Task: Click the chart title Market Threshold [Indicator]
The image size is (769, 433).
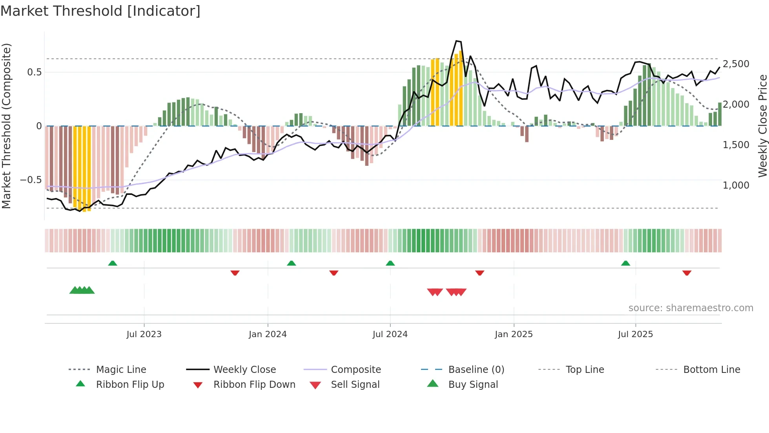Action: pyautogui.click(x=100, y=11)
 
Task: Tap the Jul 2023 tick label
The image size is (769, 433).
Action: pyautogui.click(x=144, y=334)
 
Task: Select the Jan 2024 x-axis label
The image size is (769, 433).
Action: pyautogui.click(x=268, y=334)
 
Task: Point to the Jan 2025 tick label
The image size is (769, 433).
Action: pyautogui.click(x=514, y=334)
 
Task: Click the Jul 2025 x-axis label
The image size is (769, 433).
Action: pyautogui.click(x=635, y=334)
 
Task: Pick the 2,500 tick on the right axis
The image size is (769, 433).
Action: pyautogui.click(x=736, y=64)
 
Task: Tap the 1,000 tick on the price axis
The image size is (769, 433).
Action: pyautogui.click(x=736, y=185)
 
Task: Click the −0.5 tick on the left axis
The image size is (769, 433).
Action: pyautogui.click(x=31, y=180)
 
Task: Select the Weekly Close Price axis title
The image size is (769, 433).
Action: pyautogui.click(x=762, y=126)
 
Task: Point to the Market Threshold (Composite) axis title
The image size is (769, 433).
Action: pyautogui.click(x=6, y=126)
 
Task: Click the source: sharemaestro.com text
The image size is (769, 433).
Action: pyautogui.click(x=691, y=308)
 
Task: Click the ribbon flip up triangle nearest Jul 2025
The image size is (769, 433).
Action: pyautogui.click(x=625, y=263)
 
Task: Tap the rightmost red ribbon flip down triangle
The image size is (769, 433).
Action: pyautogui.click(x=687, y=273)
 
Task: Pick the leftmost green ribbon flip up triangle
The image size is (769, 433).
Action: pyautogui.click(x=113, y=263)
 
